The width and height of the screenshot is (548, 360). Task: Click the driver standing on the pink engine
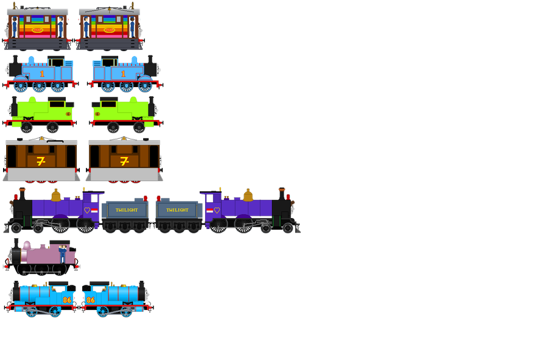pyautogui.click(x=63, y=253)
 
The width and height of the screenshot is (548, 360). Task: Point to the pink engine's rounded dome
pyautogui.click(x=27, y=245)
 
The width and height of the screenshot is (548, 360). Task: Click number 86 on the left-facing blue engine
pyautogui.click(x=67, y=300)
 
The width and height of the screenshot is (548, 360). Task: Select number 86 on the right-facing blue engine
pyautogui.click(x=91, y=300)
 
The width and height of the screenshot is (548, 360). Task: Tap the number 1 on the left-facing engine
pyautogui.click(x=42, y=74)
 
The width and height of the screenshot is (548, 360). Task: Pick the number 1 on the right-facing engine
pyautogui.click(x=123, y=74)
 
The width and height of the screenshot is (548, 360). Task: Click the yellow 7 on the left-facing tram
pyautogui.click(x=41, y=161)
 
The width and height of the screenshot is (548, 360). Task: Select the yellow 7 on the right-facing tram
pyautogui.click(x=124, y=161)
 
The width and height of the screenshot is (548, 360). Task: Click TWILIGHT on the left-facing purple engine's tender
pyautogui.click(x=126, y=210)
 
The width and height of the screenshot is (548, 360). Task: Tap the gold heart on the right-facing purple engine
pyautogui.click(x=217, y=210)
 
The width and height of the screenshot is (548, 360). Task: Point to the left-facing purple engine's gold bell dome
pyautogui.click(x=56, y=196)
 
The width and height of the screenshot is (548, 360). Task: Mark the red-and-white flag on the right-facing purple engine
pyautogui.click(x=209, y=210)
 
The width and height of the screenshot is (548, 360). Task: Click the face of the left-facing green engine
pyautogui.click(x=9, y=110)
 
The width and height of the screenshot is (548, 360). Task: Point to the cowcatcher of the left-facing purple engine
pyautogui.click(x=10, y=229)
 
